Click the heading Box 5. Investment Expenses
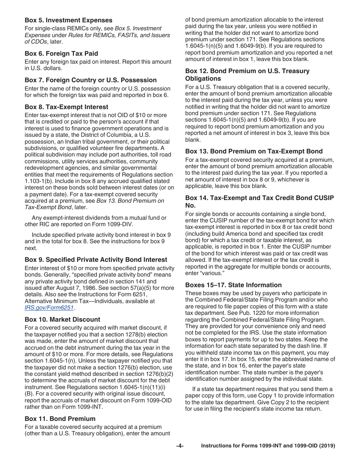click(x=68, y=20)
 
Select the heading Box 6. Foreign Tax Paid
click(x=61, y=53)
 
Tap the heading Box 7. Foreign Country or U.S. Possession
click(x=91, y=80)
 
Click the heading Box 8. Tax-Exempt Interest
click(x=66, y=107)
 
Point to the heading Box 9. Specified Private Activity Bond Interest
click(x=96, y=260)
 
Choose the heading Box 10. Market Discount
click(x=62, y=319)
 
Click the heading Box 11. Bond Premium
click(x=60, y=419)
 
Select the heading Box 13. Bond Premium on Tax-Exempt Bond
click(x=254, y=151)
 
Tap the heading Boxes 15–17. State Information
click(x=233, y=285)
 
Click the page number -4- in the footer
click(x=180, y=446)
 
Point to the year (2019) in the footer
click(x=327, y=446)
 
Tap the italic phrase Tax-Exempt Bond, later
click(x=55, y=207)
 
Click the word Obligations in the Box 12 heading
click(x=203, y=78)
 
